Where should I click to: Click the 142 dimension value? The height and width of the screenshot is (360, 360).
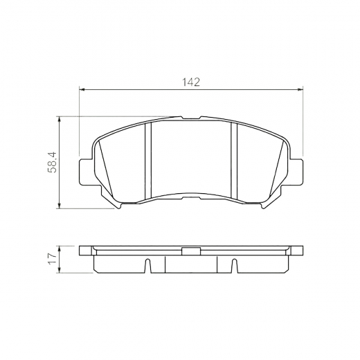(x=192, y=82)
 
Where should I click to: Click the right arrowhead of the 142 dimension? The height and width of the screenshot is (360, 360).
(x=301, y=89)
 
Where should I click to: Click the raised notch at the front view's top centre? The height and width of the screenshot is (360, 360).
(x=191, y=118)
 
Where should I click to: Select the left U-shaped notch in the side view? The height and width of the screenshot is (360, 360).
(x=146, y=266)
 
